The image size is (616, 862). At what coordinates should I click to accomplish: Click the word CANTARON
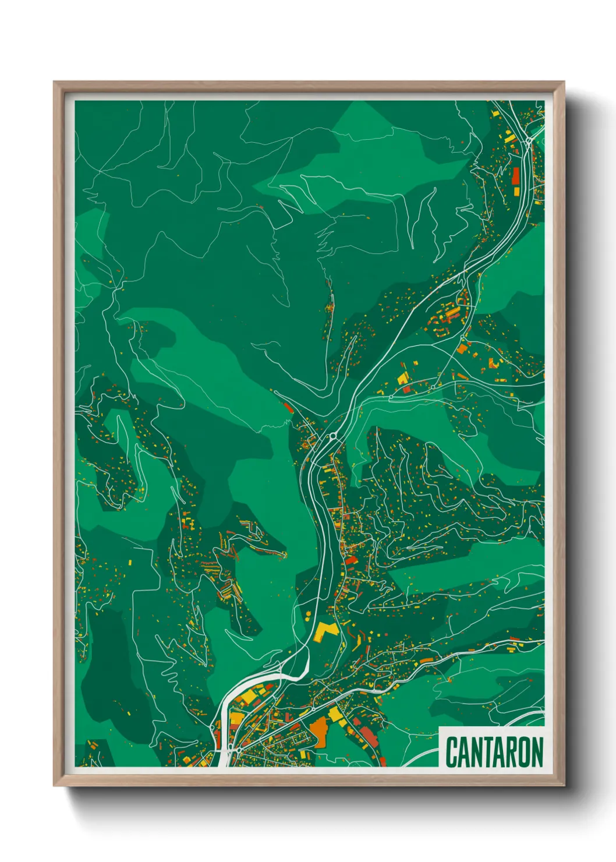(x=494, y=752)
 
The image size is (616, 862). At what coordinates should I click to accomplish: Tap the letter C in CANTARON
(x=451, y=752)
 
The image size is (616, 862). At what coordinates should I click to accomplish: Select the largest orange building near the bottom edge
(x=320, y=730)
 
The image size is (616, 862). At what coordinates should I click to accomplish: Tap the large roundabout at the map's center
(x=332, y=435)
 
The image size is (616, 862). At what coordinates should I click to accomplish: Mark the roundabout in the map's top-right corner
(x=528, y=141)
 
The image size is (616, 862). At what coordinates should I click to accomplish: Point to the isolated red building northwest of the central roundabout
(x=288, y=407)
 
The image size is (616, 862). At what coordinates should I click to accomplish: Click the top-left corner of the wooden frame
(x=55, y=83)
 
